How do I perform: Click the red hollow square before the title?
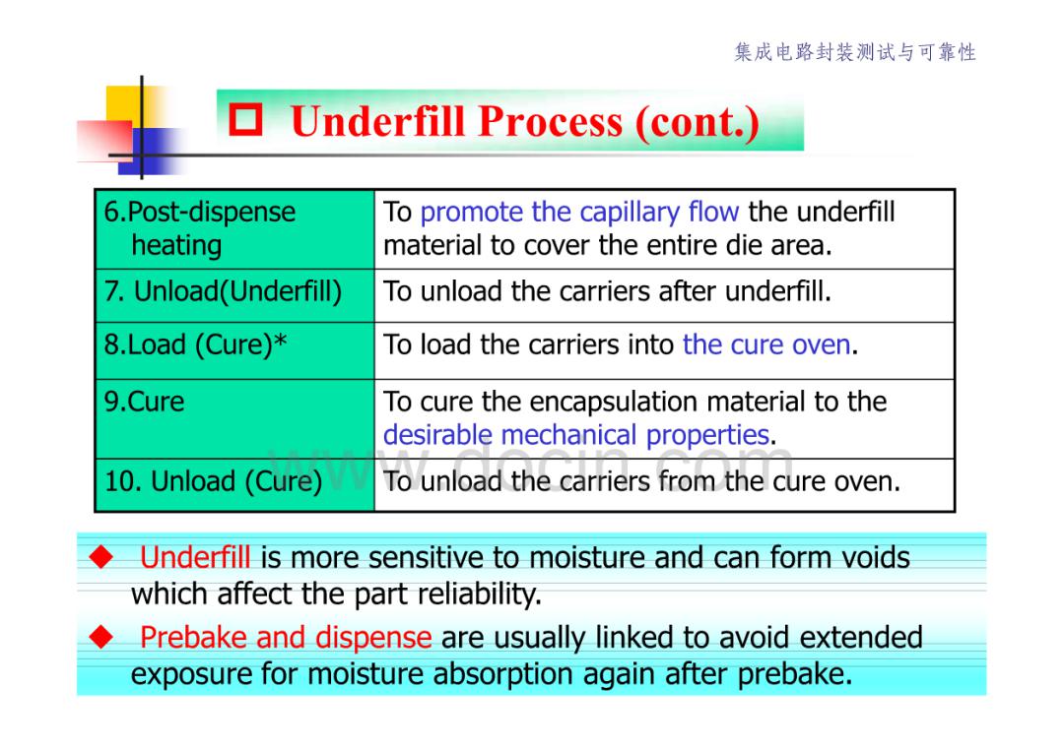coord(245,119)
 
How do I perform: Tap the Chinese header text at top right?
coord(855,52)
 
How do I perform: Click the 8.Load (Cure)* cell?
coord(234,350)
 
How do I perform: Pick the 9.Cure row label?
coord(144,402)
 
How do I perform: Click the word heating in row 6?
coord(176,246)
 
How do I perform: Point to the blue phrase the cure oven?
coord(766,345)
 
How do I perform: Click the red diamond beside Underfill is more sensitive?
coord(101,557)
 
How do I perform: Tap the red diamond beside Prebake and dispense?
coord(101,637)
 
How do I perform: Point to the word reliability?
coord(479,595)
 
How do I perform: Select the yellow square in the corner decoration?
coord(133,107)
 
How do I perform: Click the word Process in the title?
coord(550,122)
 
